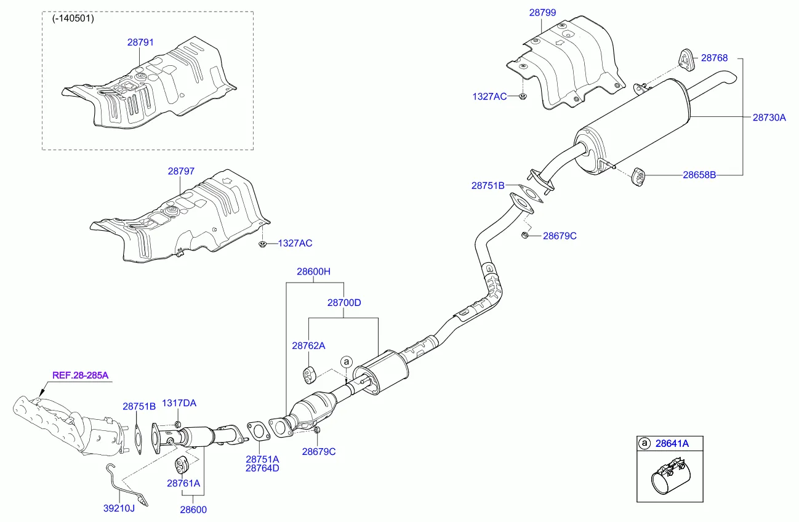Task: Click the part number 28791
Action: tap(140, 43)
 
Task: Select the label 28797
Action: tap(181, 172)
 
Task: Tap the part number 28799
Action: tap(542, 12)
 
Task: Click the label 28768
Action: tap(714, 58)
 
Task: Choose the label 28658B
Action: tap(699, 175)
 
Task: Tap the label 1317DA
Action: tap(179, 403)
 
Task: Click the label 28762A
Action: tap(308, 346)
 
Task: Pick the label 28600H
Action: tap(314, 271)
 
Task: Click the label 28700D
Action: tap(343, 303)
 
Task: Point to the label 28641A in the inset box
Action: tap(672, 443)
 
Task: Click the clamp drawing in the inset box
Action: tap(671, 476)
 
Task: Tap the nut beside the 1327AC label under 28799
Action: tap(522, 97)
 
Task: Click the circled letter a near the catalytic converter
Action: tap(346, 361)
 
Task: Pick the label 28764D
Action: tap(262, 468)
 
